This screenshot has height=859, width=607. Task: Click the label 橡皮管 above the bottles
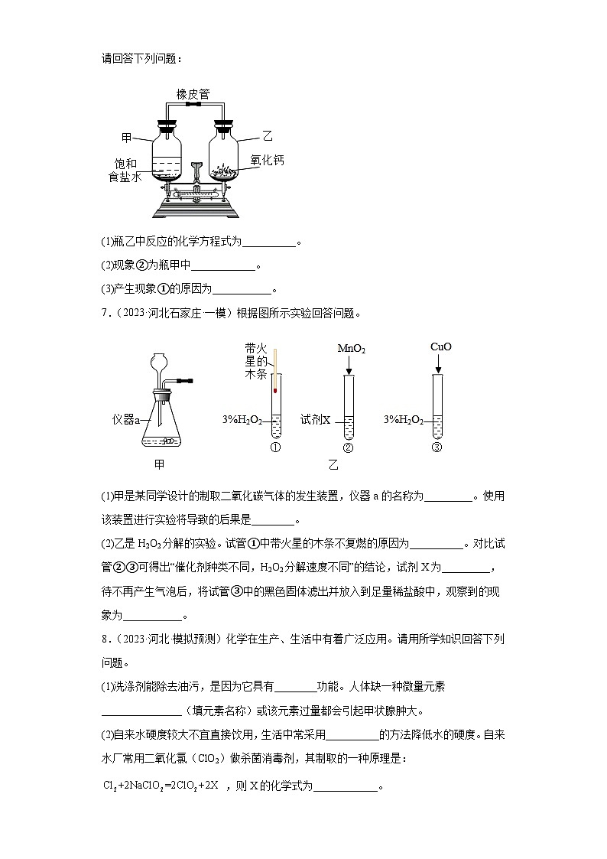[193, 94]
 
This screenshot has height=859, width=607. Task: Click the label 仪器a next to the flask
[125, 420]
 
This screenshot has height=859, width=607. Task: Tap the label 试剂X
[315, 420]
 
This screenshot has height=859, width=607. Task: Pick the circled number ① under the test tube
[275, 447]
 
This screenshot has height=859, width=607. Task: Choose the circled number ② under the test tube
[349, 448]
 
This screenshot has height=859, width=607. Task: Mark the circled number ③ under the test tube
[437, 448]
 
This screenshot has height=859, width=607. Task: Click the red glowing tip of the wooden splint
[273, 390]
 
